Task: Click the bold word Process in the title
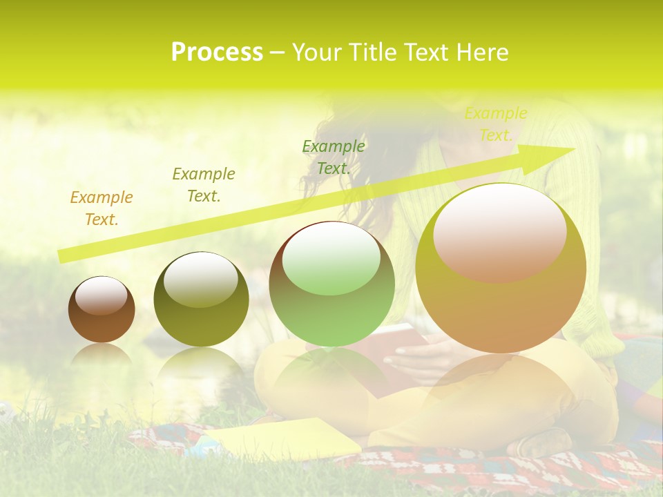tap(217, 52)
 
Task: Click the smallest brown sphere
tap(102, 311)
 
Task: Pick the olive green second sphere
tap(201, 300)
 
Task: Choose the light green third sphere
tap(331, 284)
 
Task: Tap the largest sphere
tap(501, 269)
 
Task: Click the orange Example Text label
tap(101, 208)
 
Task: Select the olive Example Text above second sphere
tap(203, 184)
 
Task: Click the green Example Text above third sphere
tap(334, 157)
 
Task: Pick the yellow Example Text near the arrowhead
tap(495, 124)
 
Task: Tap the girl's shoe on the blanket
tap(546, 442)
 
